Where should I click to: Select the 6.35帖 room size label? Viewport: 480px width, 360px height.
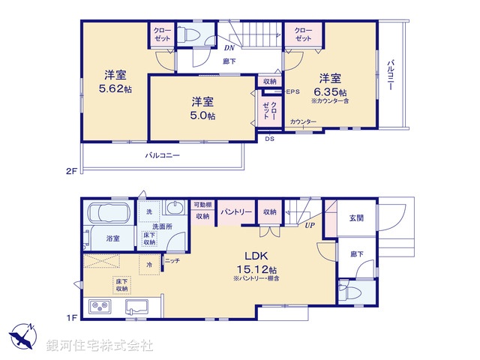(x=331, y=91)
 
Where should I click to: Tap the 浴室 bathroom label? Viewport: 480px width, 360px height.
(x=113, y=238)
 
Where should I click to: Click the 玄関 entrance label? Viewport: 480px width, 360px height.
(x=355, y=217)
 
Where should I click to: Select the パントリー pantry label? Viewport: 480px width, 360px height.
(x=236, y=212)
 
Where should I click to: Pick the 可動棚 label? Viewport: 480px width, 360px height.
(x=202, y=205)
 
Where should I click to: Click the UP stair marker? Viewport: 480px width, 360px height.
(x=309, y=223)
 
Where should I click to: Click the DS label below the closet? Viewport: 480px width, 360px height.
(x=269, y=137)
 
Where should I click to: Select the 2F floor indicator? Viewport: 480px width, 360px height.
(x=71, y=171)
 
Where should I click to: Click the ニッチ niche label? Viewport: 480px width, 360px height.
(x=172, y=260)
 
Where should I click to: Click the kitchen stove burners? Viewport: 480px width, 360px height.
(x=100, y=307)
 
